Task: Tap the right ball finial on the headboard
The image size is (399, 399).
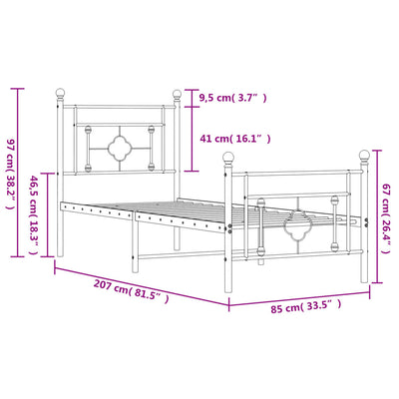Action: click(x=182, y=97)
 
